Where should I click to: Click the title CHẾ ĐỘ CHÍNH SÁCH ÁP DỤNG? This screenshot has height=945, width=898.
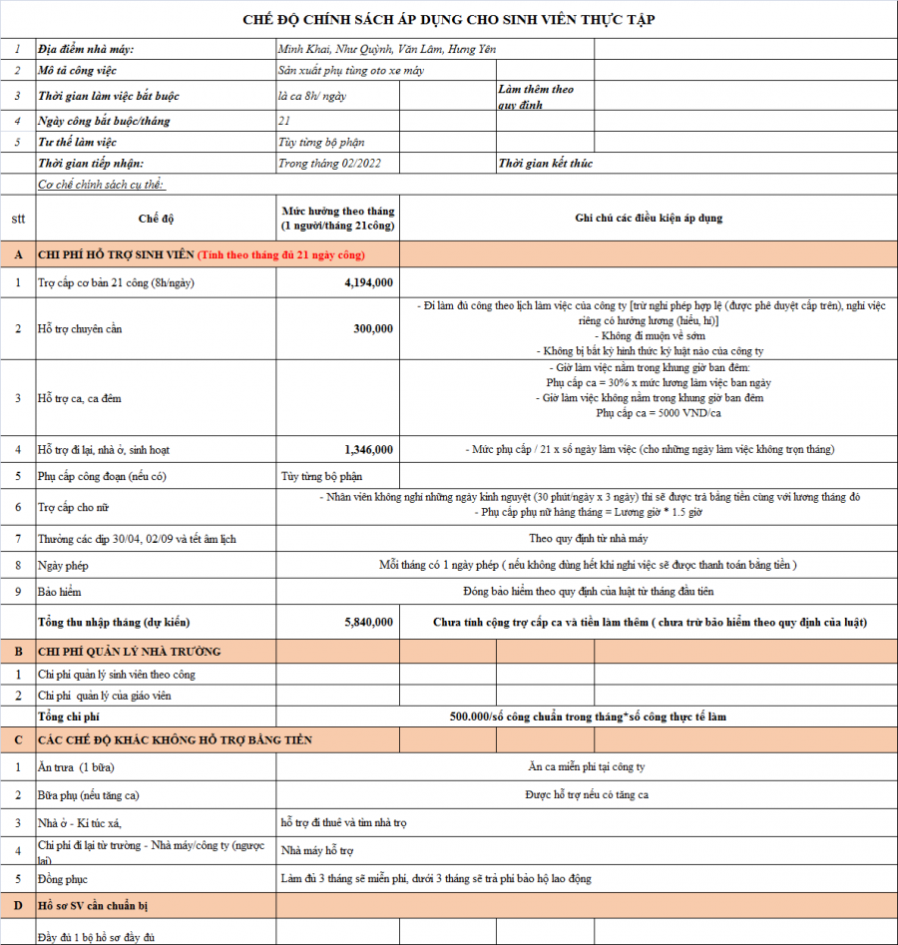pos(449,20)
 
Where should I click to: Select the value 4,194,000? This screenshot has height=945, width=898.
pos(368,283)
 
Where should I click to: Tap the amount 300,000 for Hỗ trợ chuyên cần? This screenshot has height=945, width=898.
pos(373,328)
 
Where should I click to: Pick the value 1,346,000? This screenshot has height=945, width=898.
pos(368,450)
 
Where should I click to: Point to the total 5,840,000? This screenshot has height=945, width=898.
pos(368,622)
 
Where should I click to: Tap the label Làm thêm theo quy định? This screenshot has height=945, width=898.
pos(536,97)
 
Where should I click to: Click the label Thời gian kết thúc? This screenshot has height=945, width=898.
pos(545,164)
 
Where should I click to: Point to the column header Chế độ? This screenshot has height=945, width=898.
pos(156,218)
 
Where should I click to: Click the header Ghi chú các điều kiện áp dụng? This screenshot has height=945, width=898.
pos(649,218)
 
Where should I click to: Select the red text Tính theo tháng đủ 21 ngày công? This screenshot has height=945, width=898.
pos(281,255)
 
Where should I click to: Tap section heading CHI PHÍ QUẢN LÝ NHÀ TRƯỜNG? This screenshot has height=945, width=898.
pos(130,652)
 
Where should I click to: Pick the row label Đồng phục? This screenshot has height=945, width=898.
pos(62,879)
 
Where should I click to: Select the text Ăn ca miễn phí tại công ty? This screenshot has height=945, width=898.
pos(587,767)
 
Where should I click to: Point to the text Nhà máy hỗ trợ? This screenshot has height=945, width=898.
pos(317,852)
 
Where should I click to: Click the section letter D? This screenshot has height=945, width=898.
pos(18,905)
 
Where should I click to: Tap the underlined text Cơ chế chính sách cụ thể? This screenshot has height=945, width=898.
pos(101,185)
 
